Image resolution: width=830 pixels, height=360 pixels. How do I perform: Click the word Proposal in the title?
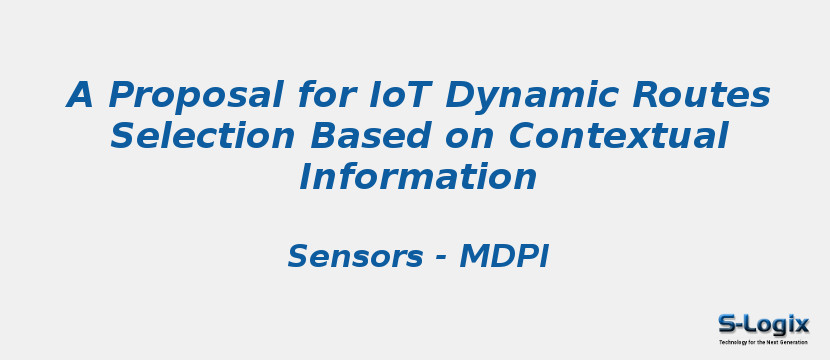(196, 96)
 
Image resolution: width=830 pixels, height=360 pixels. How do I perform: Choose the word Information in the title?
(418, 177)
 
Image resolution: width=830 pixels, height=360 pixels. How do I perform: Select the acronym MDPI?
(504, 257)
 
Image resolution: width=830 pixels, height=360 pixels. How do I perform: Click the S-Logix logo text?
(763, 324)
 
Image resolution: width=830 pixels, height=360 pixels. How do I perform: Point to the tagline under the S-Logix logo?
(763, 342)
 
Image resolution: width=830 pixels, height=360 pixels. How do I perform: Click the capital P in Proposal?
(121, 96)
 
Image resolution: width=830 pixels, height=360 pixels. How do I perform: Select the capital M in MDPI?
(473, 257)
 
